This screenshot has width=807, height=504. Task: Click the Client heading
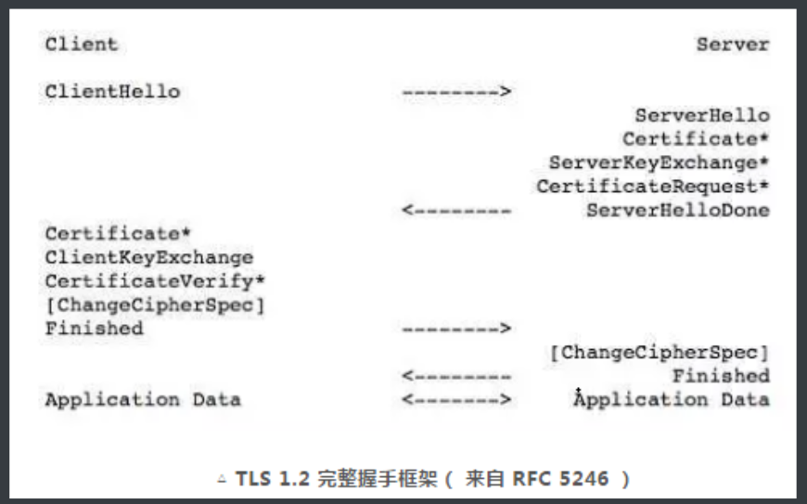[x=82, y=44]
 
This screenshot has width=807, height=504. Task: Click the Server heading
[x=733, y=44]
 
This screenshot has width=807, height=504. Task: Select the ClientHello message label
[x=112, y=91]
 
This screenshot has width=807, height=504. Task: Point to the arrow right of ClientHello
[x=456, y=91]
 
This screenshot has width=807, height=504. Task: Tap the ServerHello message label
[x=702, y=115]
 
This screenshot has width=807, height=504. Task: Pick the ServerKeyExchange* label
[x=659, y=162]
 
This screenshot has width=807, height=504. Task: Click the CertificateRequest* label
[x=653, y=187]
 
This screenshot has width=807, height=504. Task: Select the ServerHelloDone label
[x=677, y=211]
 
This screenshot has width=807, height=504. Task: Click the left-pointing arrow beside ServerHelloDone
[x=456, y=211]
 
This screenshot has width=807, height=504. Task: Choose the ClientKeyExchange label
[x=148, y=257]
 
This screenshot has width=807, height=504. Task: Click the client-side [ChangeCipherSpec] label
[x=155, y=304]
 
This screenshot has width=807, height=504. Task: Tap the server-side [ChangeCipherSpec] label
[x=660, y=353]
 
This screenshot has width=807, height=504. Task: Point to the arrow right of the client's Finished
[x=456, y=329]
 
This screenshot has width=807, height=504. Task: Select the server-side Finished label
[x=721, y=376]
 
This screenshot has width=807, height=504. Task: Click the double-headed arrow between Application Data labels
[x=456, y=400]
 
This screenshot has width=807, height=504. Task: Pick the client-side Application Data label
[x=143, y=400]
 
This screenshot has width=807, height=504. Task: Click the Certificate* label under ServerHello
[x=696, y=139]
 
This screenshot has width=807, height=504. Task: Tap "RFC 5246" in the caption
[x=566, y=479]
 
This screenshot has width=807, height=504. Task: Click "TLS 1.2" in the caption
[x=267, y=479]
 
